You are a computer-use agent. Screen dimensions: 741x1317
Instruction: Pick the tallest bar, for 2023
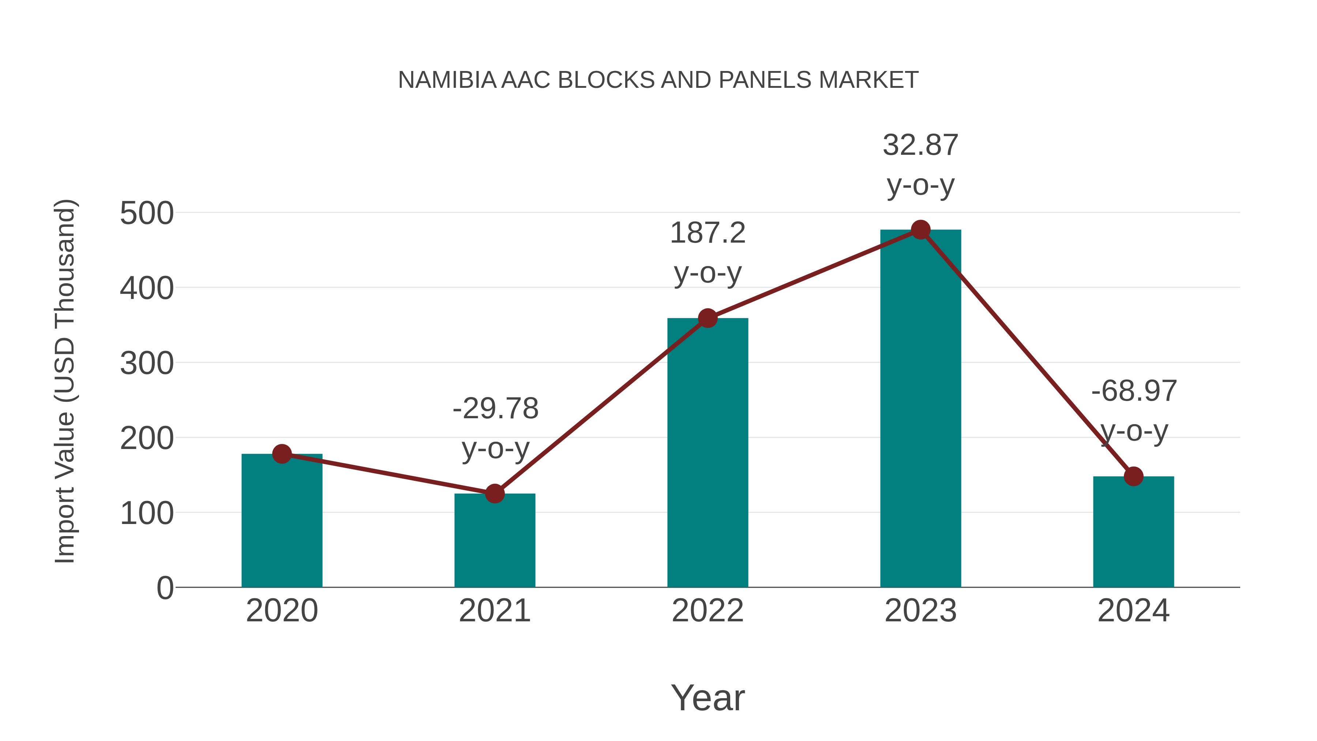(x=920, y=409)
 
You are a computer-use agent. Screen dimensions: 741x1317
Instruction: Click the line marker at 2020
(x=282, y=454)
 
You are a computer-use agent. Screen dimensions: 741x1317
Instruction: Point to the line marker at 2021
(x=494, y=494)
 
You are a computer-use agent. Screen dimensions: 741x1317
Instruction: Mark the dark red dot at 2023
(x=920, y=230)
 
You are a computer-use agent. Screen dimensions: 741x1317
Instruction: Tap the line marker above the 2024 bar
(x=1133, y=476)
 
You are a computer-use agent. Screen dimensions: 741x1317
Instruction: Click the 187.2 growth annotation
(x=708, y=233)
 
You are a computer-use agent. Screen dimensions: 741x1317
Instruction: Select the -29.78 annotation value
(x=495, y=409)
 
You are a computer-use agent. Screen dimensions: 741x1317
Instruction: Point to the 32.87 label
(x=920, y=145)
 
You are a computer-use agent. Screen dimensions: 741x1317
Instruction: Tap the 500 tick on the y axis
(x=147, y=213)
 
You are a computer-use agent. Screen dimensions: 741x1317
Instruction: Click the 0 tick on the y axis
(x=165, y=588)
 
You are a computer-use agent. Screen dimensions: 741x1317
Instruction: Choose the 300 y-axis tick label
(x=147, y=364)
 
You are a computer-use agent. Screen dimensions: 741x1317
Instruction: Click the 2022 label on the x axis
(x=708, y=611)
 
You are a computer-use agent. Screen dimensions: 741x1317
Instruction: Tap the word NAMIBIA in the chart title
(x=447, y=80)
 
